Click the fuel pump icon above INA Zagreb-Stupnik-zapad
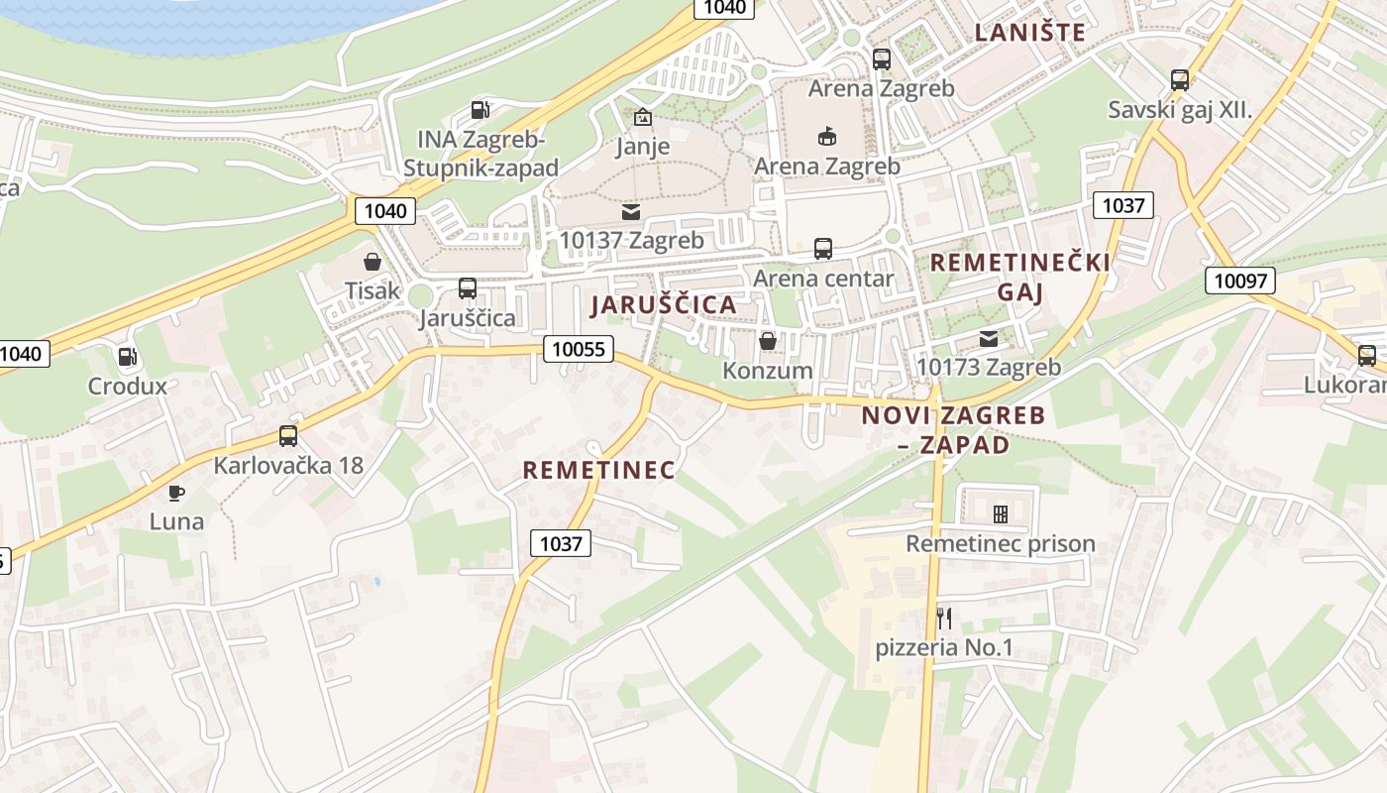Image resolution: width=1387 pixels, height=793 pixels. pyautogui.click(x=480, y=110)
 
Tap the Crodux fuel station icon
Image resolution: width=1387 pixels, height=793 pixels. pyautogui.click(x=127, y=357)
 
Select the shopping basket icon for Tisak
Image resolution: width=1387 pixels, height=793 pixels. pyautogui.click(x=373, y=262)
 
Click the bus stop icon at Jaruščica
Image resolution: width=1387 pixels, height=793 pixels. pyautogui.click(x=468, y=288)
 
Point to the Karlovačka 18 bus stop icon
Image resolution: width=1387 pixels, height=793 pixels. pyautogui.click(x=288, y=435)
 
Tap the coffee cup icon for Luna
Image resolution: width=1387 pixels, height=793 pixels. pyautogui.click(x=176, y=493)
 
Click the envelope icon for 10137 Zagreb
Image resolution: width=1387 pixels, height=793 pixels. pyautogui.click(x=631, y=212)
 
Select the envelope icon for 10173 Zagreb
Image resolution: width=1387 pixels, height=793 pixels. pyautogui.click(x=988, y=338)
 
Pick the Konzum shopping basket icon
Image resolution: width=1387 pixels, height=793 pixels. pyautogui.click(x=768, y=342)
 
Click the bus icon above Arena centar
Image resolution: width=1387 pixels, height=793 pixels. pyautogui.click(x=823, y=249)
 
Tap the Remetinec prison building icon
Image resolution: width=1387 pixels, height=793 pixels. pyautogui.click(x=1001, y=513)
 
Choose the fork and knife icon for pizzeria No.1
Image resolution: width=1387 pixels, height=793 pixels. pyautogui.click(x=944, y=619)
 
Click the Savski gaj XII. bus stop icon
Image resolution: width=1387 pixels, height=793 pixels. pyautogui.click(x=1179, y=80)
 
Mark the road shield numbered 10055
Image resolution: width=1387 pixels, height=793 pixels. pyautogui.click(x=579, y=348)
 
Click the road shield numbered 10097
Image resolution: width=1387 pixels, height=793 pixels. pyautogui.click(x=1240, y=281)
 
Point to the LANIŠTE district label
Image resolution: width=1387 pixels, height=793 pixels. pyautogui.click(x=1030, y=32)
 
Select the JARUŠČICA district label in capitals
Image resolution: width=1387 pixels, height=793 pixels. pyautogui.click(x=664, y=305)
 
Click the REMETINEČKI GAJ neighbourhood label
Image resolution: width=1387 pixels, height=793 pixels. pyautogui.click(x=1020, y=277)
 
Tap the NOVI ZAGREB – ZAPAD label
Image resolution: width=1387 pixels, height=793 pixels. pyautogui.click(x=953, y=429)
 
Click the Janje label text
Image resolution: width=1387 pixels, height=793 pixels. pyautogui.click(x=643, y=147)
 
